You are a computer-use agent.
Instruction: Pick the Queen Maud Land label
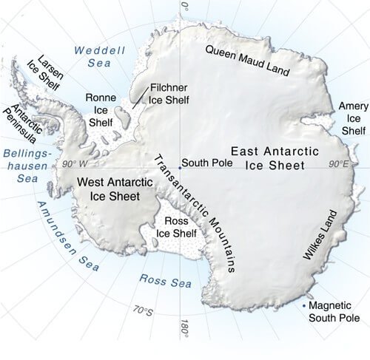(258, 61)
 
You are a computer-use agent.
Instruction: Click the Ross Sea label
(165, 280)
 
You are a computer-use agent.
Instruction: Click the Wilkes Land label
(318, 234)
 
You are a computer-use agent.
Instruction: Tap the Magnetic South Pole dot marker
(304, 305)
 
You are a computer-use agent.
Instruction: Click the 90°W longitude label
(75, 163)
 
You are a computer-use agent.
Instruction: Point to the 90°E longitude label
(340, 163)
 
